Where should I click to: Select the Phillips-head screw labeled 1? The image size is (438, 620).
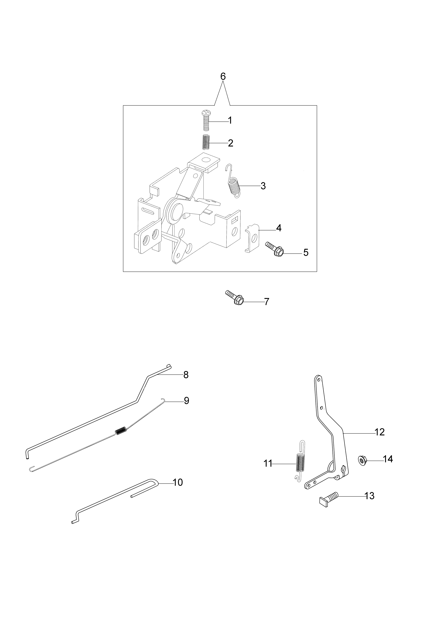[x=206, y=120]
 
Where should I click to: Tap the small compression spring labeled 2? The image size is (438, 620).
[x=206, y=142]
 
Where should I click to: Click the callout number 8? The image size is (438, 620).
[x=186, y=375]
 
